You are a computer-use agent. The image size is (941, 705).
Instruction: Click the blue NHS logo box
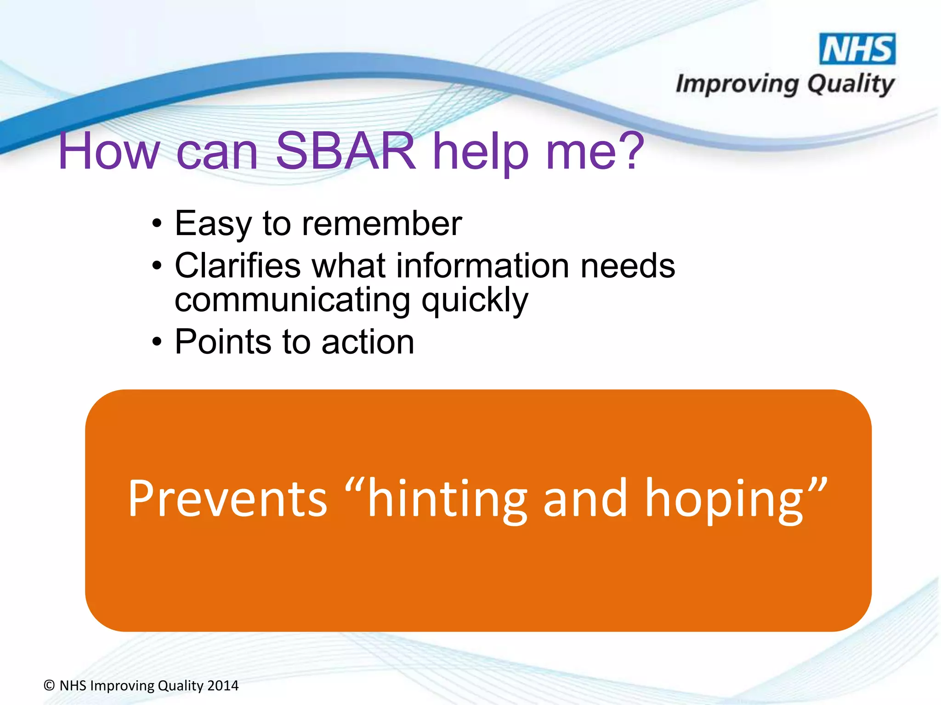point(857,49)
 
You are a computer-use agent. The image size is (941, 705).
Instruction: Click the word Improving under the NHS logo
point(737,85)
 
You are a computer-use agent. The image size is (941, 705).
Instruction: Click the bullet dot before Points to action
point(157,342)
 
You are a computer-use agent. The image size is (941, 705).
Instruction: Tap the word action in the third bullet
point(368,342)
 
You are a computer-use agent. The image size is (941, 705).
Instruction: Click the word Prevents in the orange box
point(227,498)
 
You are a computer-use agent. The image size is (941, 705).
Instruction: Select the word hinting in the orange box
point(447,499)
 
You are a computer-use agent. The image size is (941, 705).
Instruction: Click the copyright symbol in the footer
point(49,686)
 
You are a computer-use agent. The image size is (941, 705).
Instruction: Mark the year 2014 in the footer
point(223,686)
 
